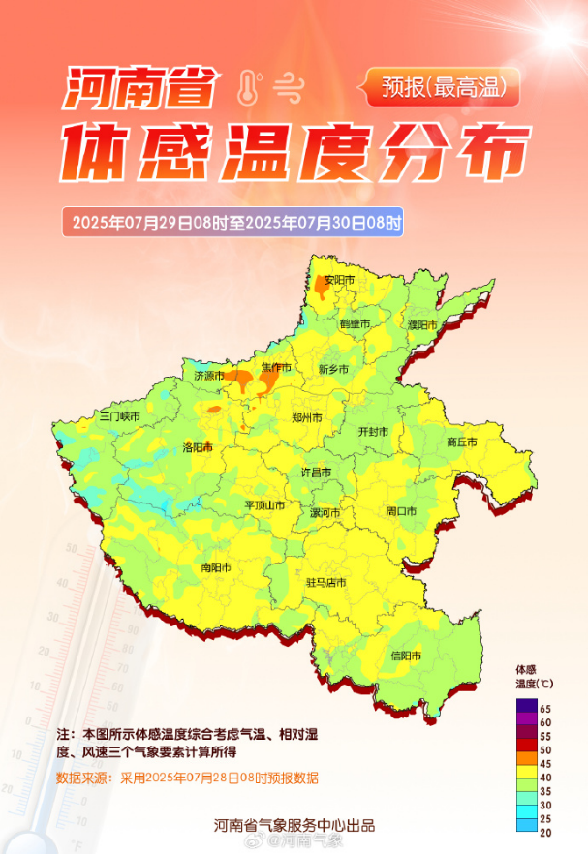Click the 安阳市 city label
pyautogui.click(x=339, y=280)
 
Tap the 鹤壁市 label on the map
pyautogui.click(x=355, y=323)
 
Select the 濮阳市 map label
pyautogui.click(x=423, y=324)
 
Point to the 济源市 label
pyautogui.click(x=208, y=375)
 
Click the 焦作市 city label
pyautogui.click(x=276, y=367)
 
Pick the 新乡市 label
pyautogui.click(x=333, y=369)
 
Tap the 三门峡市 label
pyautogui.click(x=120, y=416)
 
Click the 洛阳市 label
pyautogui.click(x=198, y=447)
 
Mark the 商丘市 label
pyautogui.click(x=462, y=442)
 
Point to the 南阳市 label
pyautogui.click(x=216, y=567)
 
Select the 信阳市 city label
pyautogui.click(x=406, y=656)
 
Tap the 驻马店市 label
pyautogui.click(x=326, y=582)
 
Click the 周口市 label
pyautogui.click(x=401, y=511)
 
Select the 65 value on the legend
pyautogui.click(x=545, y=710)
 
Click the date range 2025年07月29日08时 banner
pyautogui.click(x=232, y=222)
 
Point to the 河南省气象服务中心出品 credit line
pyautogui.click(x=294, y=826)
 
